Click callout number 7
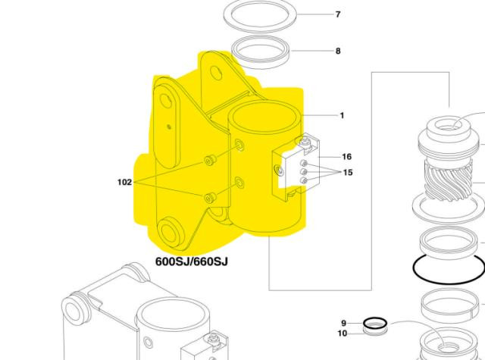(338, 14)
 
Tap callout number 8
(338, 51)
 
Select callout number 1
(342, 116)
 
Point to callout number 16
(347, 157)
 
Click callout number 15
(348, 172)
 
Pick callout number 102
(124, 182)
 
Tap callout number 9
(343, 323)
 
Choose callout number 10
(343, 333)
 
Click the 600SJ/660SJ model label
(192, 261)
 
